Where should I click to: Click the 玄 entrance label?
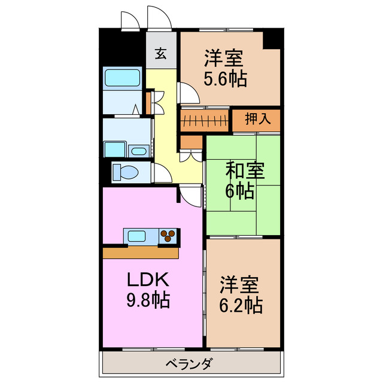tap(161, 54)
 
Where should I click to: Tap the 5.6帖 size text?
tap(225, 79)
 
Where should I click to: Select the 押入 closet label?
tap(256, 119)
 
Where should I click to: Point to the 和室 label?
tap(244, 171)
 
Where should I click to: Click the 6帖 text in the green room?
tap(239, 191)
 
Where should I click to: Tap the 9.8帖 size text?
tap(148, 300)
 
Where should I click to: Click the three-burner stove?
tap(168, 236)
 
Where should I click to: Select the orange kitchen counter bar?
tap(141, 253)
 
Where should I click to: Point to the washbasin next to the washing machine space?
tap(139, 150)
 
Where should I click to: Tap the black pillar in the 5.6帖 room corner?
tap(272, 39)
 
